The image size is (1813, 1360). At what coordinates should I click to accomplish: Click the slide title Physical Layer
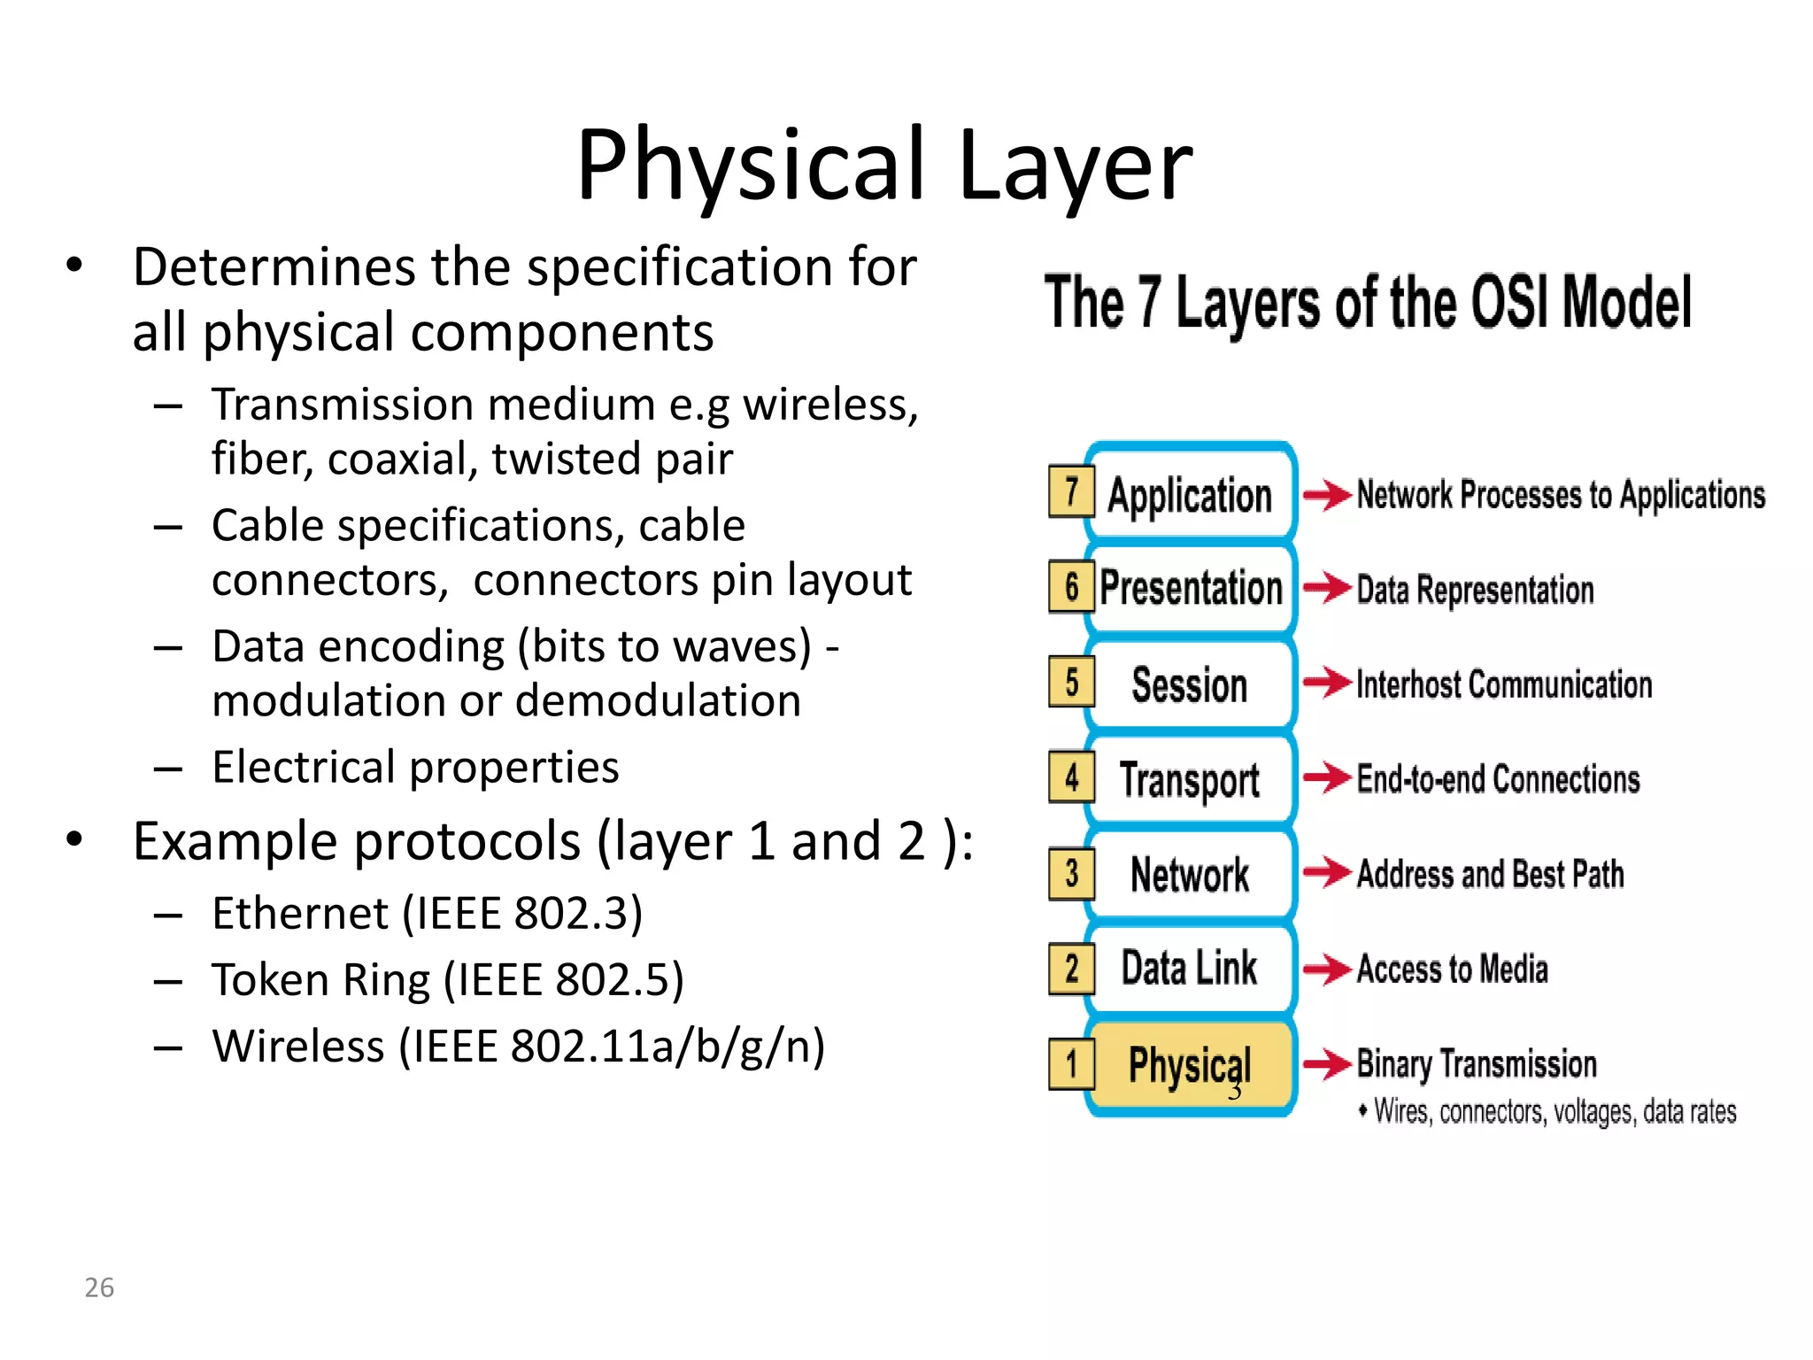coord(883,166)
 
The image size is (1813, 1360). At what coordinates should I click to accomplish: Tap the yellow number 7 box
coord(1071,491)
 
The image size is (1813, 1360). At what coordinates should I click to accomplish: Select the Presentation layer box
coord(1191,588)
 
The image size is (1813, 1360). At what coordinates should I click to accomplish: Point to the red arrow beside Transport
coord(1326,779)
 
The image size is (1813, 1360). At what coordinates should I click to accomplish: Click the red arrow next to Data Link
coord(1326,969)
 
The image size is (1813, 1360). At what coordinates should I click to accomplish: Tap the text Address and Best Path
coord(1490,874)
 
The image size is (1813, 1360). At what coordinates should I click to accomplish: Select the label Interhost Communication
coord(1503,684)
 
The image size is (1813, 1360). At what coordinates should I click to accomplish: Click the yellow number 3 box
coord(1071,874)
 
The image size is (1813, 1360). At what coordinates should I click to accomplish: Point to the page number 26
coord(99,1287)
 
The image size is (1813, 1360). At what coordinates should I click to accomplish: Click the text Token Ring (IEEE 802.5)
coord(448,980)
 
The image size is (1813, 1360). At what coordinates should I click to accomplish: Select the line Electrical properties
coord(415,768)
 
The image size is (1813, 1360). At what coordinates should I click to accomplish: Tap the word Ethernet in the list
coord(300,914)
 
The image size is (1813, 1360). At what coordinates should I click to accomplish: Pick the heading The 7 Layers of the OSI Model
coord(1368,303)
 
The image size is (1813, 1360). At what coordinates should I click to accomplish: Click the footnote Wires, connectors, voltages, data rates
coord(1554,1112)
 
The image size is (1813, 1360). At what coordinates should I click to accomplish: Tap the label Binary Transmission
coord(1476,1063)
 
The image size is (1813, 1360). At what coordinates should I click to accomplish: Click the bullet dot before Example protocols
coord(74,839)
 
